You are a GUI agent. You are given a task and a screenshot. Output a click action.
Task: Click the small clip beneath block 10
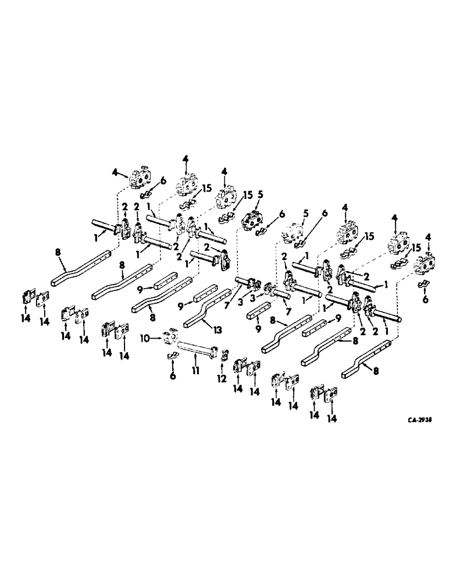coord(173,356)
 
